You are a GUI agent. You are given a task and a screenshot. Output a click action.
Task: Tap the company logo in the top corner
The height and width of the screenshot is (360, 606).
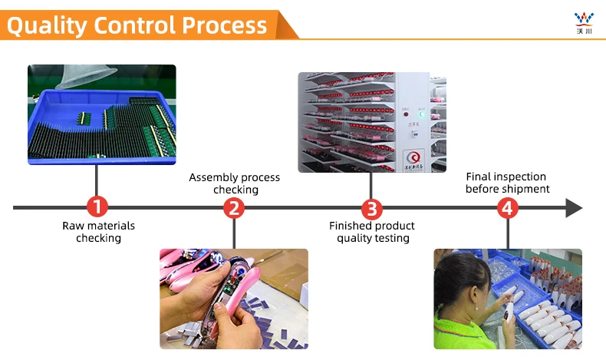click(585, 21)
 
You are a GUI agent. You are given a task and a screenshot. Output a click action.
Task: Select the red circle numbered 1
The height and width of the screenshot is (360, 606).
click(97, 207)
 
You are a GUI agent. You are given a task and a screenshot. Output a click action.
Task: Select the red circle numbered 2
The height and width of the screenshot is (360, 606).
click(234, 207)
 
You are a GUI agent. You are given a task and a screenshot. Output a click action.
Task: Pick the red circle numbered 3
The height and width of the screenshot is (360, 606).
click(371, 207)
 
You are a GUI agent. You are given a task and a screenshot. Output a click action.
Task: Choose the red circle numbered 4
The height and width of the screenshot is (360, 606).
click(506, 207)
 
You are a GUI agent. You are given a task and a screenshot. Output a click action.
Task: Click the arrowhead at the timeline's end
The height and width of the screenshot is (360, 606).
click(574, 207)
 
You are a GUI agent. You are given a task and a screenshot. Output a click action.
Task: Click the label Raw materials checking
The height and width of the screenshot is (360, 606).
click(98, 232)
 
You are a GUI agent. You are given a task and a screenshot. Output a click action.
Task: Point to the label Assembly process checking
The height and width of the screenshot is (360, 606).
click(234, 183)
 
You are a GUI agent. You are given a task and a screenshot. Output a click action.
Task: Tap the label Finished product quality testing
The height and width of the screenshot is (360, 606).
click(372, 232)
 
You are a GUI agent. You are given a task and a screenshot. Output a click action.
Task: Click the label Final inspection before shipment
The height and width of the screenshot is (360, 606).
click(507, 183)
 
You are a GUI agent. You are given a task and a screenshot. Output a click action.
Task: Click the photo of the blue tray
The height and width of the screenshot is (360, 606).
click(101, 114)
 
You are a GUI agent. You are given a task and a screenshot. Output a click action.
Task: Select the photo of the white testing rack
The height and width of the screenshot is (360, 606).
click(371, 122)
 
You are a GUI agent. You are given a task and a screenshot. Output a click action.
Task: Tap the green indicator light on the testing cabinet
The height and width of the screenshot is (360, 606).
click(421, 116)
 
